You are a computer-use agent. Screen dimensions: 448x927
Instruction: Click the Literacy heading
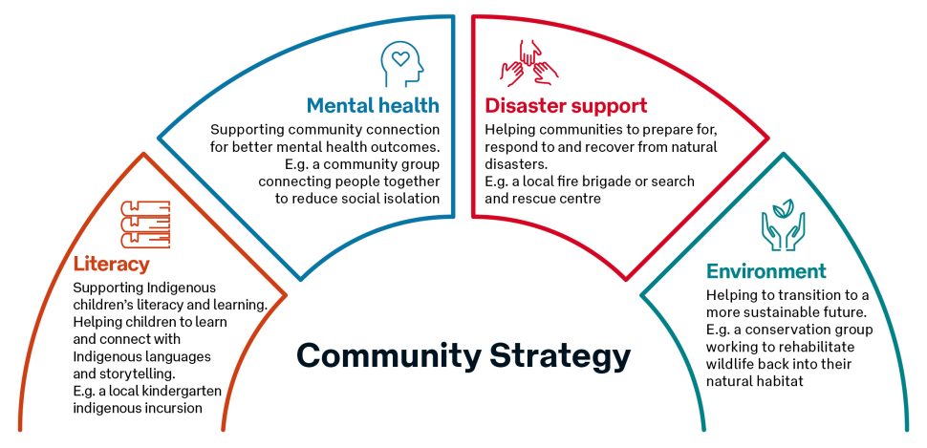tap(111, 263)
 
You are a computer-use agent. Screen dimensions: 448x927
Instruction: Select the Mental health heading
tap(373, 105)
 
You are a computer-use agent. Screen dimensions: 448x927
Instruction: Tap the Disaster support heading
tap(566, 105)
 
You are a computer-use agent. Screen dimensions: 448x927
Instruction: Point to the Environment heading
tap(765, 271)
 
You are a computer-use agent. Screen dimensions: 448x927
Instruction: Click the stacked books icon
tap(145, 226)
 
